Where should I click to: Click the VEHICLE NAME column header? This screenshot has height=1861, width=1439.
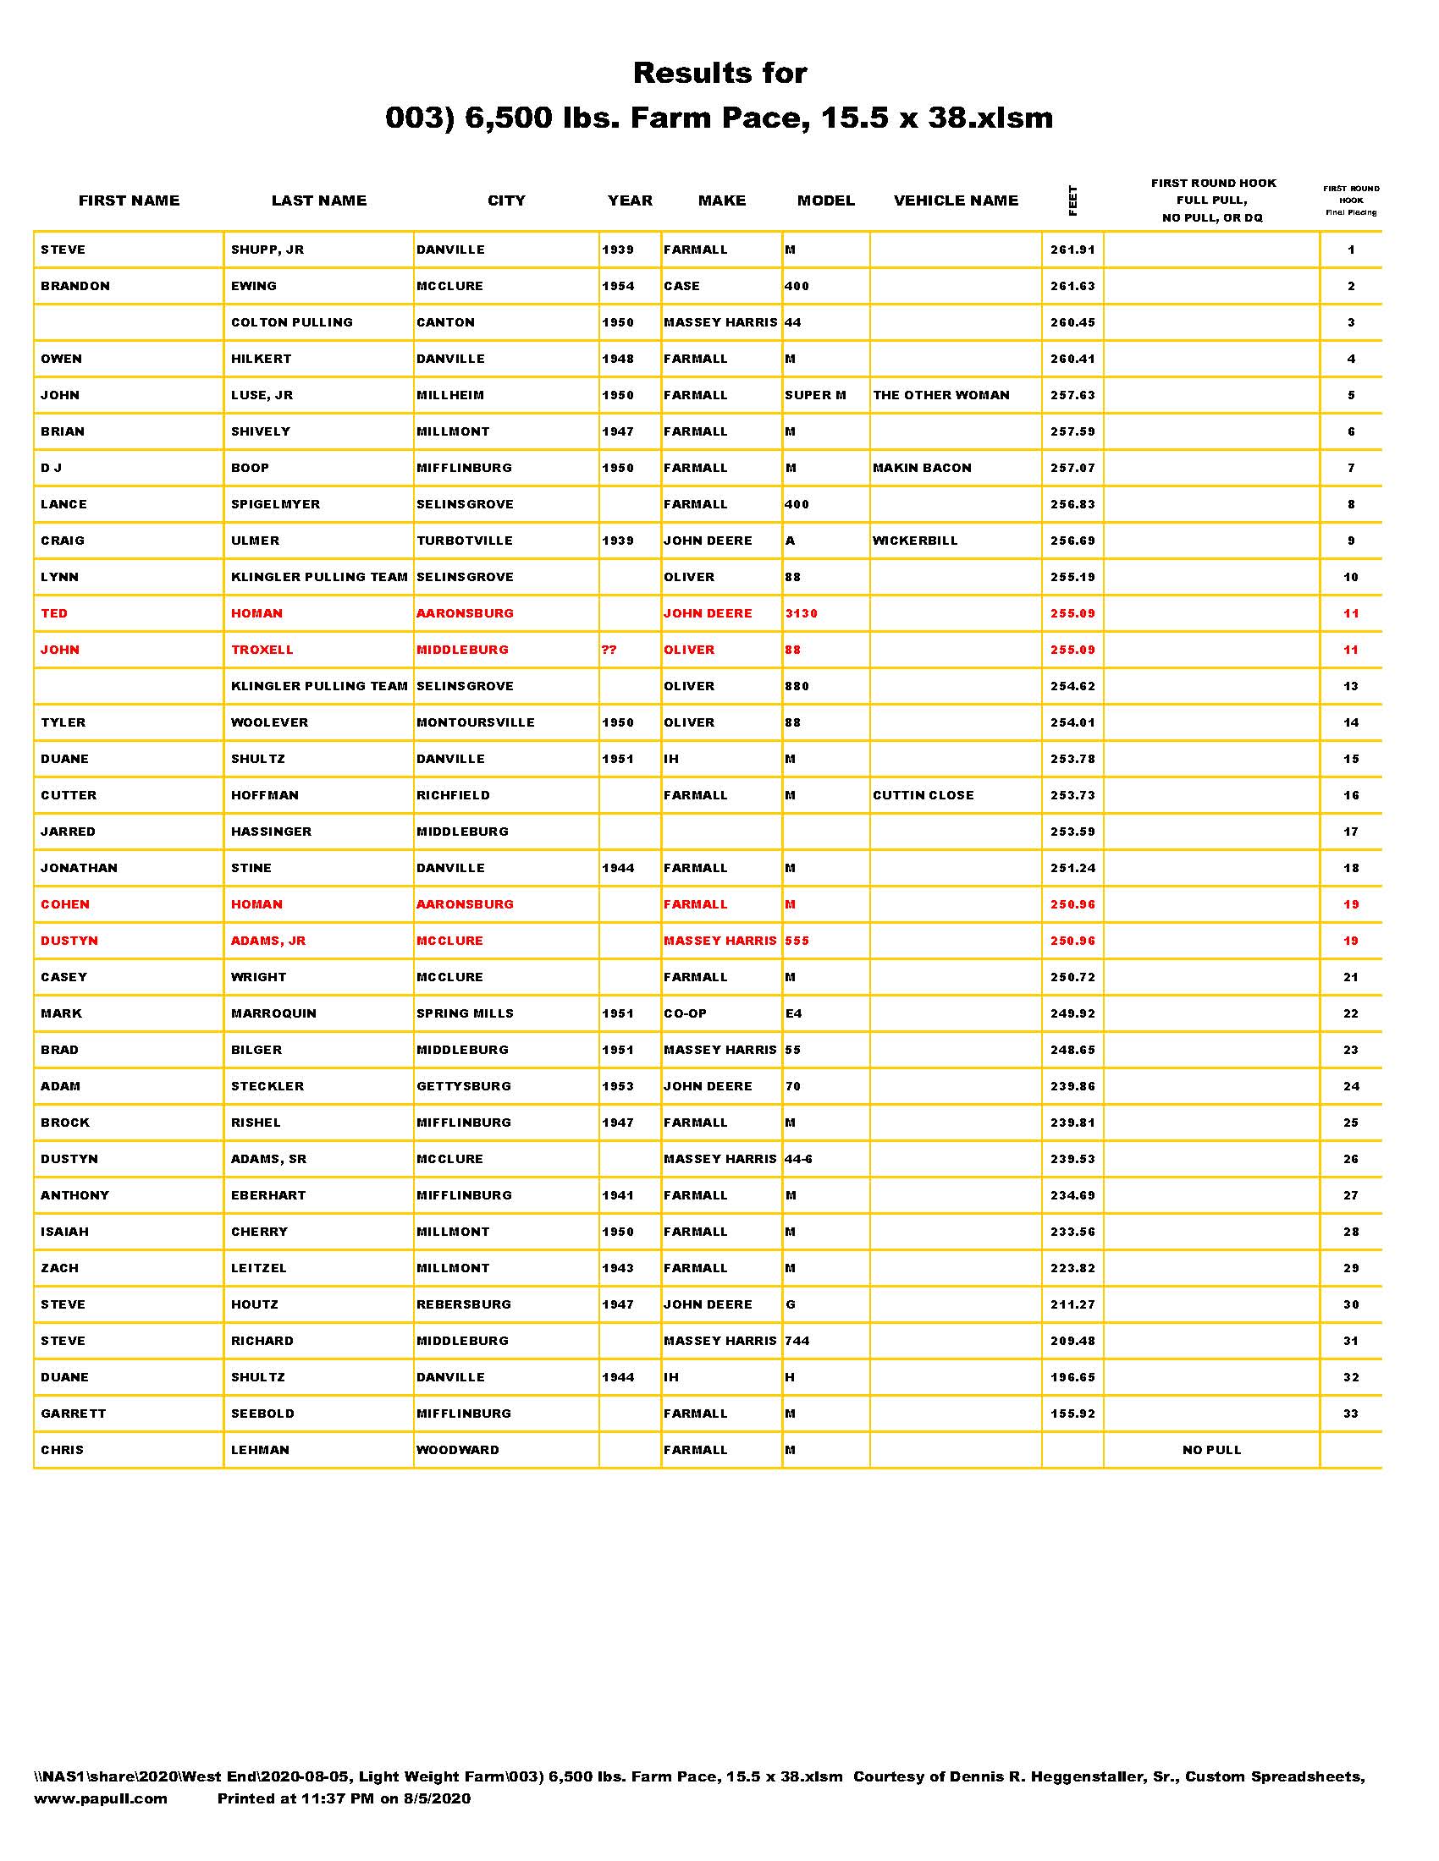pyautogui.click(x=956, y=201)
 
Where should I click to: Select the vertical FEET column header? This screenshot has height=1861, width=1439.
pyautogui.click(x=1072, y=201)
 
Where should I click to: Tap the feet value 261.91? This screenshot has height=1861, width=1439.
pyautogui.click(x=1072, y=250)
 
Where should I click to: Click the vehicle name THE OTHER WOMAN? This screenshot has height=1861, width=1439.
pyautogui.click(x=941, y=395)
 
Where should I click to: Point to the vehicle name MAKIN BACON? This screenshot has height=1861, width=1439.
pyautogui.click(x=923, y=468)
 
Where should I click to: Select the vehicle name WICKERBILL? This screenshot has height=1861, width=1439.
pyautogui.click(x=916, y=541)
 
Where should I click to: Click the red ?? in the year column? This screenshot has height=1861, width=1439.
pyautogui.click(x=609, y=651)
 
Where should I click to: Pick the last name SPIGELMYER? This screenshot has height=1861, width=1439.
pyautogui.click(x=275, y=504)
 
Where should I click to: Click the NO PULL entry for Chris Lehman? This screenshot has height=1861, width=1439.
pyautogui.click(x=1211, y=1450)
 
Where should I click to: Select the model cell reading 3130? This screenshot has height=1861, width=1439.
pyautogui.click(x=802, y=613)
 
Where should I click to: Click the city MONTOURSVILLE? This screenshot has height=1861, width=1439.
pyautogui.click(x=476, y=722)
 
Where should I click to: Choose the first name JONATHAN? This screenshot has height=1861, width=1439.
pyautogui.click(x=80, y=868)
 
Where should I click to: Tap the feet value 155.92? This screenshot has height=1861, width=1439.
pyautogui.click(x=1072, y=1414)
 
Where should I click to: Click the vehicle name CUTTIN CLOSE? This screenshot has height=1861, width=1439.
pyautogui.click(x=923, y=796)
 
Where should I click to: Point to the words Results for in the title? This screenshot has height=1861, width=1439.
pyautogui.click(x=719, y=74)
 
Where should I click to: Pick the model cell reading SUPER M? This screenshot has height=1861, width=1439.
pyautogui.click(x=816, y=395)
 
